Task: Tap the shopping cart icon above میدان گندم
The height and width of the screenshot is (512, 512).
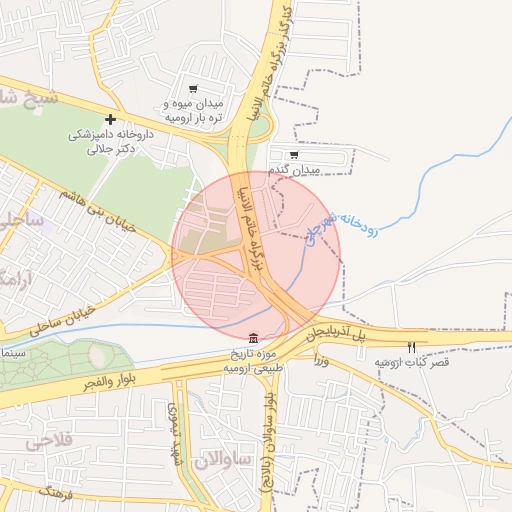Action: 293,155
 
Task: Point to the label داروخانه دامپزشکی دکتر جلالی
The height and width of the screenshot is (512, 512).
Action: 109,141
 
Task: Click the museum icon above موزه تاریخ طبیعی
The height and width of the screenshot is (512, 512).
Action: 251,338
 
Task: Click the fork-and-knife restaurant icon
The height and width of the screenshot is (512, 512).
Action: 411,347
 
